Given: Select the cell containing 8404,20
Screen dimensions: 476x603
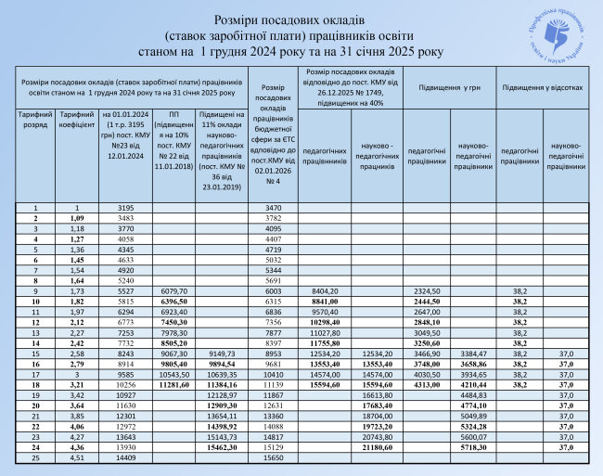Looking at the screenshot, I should pyautogui.click(x=327, y=292).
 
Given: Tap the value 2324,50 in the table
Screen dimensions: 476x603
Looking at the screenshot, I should pyautogui.click(x=423, y=292).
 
